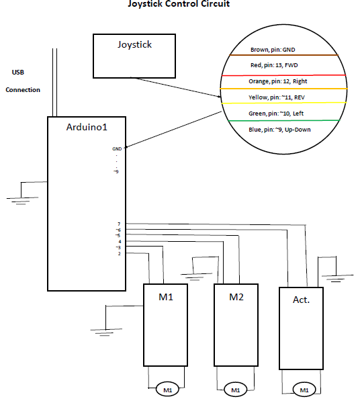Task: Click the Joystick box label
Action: coord(134,45)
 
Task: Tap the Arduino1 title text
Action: coord(87,127)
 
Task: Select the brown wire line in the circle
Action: coord(283,55)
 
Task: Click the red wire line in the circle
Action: coord(283,75)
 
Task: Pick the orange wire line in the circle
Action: coord(283,89)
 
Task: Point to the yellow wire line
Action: coord(283,103)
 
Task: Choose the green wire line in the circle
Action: coord(283,121)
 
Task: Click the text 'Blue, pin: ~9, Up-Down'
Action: coord(279,130)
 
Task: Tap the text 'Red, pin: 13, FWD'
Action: coord(274,65)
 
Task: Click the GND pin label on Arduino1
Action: coord(117,149)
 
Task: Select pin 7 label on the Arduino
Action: coord(119,224)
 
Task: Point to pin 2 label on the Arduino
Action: coord(119,254)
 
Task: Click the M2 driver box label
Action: coord(236,297)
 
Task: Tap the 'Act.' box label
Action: coord(301,300)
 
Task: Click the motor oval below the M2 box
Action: coord(236,390)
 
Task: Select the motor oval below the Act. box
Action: coord(304,390)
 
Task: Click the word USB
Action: coord(18,73)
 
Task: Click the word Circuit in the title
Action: coord(215,4)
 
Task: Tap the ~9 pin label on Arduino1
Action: coord(116,172)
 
